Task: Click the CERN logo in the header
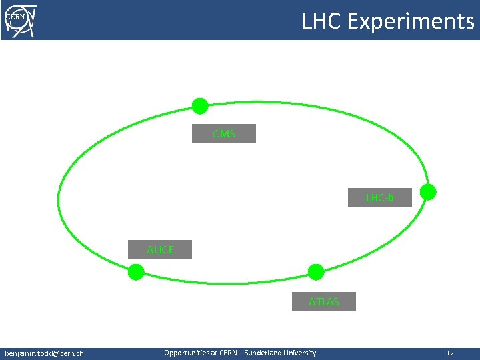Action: click(20, 20)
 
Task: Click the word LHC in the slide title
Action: click(321, 21)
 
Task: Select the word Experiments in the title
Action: click(411, 21)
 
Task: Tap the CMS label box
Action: click(224, 134)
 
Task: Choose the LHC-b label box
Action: click(379, 198)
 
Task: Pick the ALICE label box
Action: click(160, 250)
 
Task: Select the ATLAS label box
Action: click(323, 302)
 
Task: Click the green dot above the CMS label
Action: click(200, 105)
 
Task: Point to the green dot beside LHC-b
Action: click(428, 192)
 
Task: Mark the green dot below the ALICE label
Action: click(136, 272)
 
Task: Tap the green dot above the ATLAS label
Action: click(316, 271)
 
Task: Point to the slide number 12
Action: click(450, 353)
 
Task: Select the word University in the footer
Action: click(302, 353)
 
